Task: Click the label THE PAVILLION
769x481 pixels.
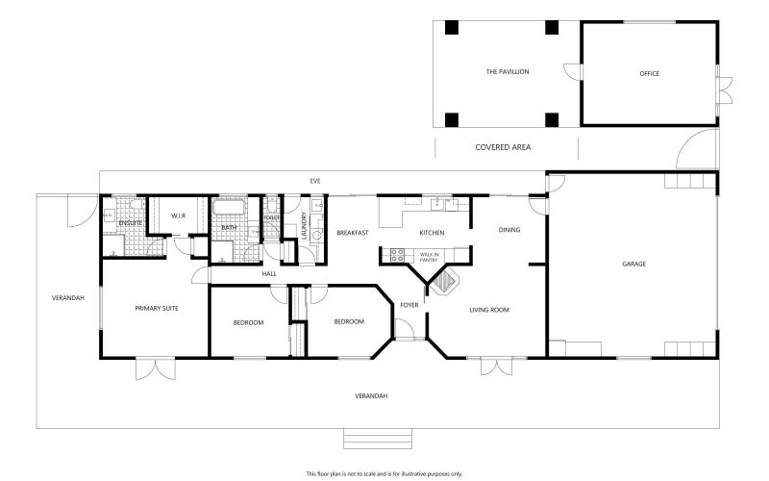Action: pos(507,72)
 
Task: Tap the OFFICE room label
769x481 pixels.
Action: pos(650,73)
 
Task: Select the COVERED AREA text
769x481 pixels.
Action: pos(503,147)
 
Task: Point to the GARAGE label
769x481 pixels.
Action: pos(633,264)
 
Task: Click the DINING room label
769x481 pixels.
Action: pos(509,229)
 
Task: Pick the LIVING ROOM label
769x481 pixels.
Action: pos(488,310)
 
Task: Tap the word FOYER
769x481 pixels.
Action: pos(409,305)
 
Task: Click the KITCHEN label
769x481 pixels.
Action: pos(432,234)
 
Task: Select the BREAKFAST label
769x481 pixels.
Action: pos(352,233)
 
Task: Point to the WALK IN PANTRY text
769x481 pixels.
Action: pos(428,256)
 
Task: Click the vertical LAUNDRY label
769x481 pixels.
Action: pos(304,226)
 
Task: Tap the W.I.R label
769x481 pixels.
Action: pos(178,215)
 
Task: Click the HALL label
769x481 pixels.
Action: pos(269,274)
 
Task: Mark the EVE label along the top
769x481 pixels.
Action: pos(314,181)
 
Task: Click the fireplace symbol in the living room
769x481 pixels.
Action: pos(444,283)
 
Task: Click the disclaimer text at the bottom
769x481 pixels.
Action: pos(384,473)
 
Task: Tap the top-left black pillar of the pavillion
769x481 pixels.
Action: pos(451,28)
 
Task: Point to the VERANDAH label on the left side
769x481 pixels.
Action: pos(68,297)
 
